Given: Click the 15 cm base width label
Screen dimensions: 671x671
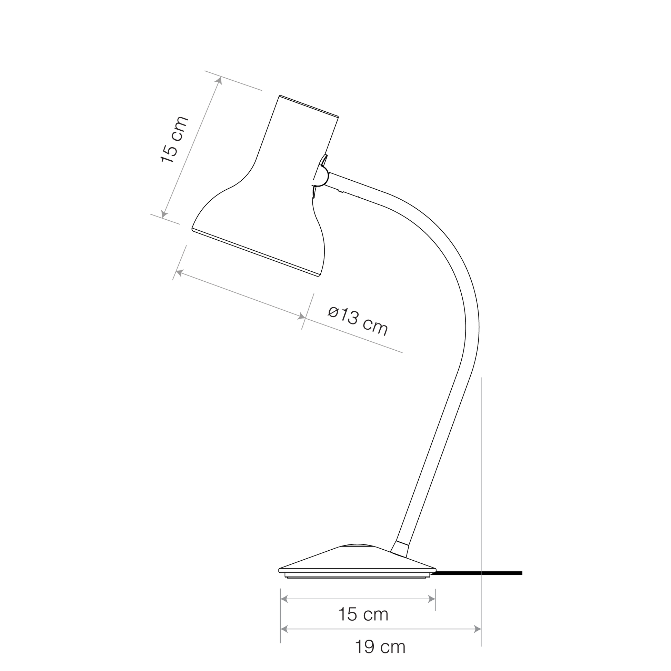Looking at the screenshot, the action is click(363, 614).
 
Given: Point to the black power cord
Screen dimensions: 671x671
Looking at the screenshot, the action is click(479, 573).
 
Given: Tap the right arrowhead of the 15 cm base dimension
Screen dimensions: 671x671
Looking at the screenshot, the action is click(432, 599).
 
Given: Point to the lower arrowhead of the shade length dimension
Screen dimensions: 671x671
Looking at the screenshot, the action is click(164, 214).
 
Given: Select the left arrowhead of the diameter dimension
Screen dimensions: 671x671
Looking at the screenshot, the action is click(179, 273).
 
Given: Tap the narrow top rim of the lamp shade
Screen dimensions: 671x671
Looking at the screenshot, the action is click(309, 106).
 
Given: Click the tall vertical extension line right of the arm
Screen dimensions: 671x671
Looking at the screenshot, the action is click(481, 512).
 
